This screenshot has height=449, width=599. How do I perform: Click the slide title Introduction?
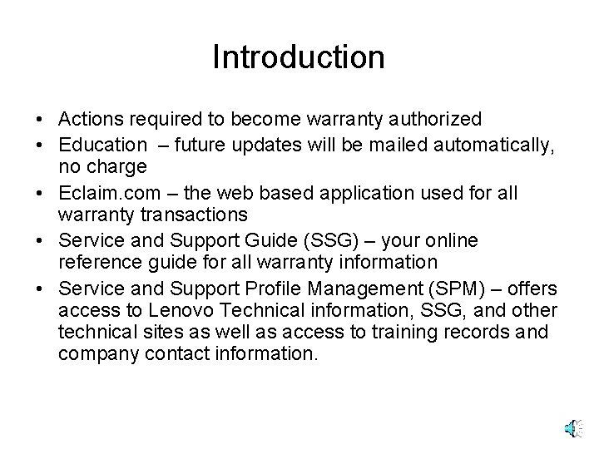(299, 57)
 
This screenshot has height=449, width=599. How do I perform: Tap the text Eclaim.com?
(104, 194)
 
